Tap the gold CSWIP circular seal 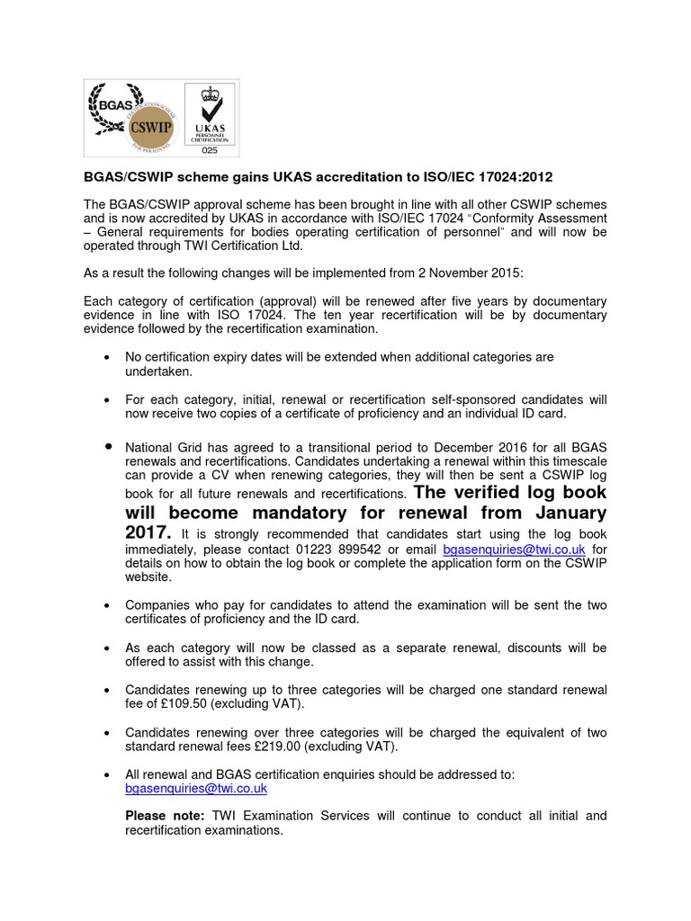(x=154, y=122)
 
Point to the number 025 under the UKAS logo (x=209, y=150)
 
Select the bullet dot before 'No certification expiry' (x=108, y=358)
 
